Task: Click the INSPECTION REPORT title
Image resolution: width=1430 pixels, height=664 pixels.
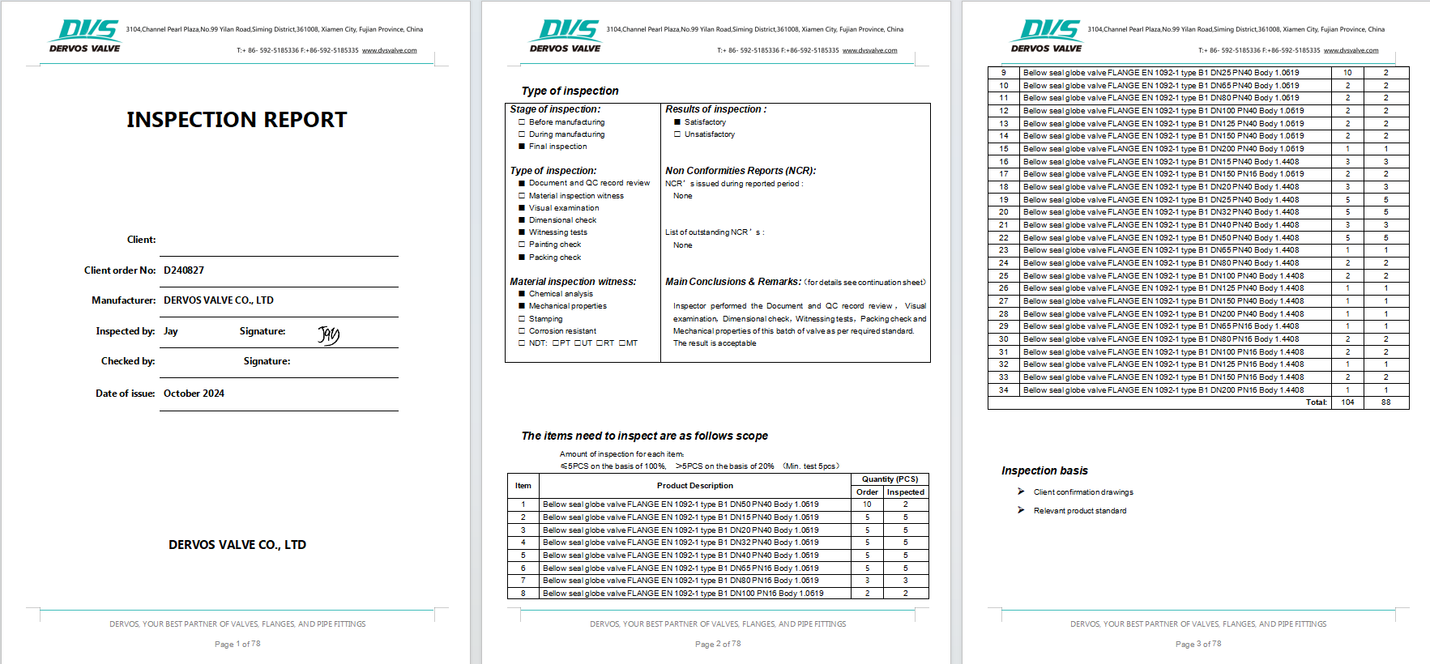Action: coord(237,120)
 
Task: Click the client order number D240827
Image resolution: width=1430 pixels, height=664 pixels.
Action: coord(184,270)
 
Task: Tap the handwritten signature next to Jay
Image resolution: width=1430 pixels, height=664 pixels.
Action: coord(329,334)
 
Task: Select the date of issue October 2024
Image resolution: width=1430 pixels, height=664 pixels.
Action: coord(194,394)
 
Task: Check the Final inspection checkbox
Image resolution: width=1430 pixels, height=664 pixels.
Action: coord(522,147)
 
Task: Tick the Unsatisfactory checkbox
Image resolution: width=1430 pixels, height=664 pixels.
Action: coord(677,134)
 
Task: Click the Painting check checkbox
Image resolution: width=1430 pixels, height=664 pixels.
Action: coord(522,245)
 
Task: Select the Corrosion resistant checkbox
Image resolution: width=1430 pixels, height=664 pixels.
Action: coord(522,331)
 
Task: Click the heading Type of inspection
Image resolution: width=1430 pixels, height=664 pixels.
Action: coord(570,91)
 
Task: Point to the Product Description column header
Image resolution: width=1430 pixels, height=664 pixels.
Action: coord(694,486)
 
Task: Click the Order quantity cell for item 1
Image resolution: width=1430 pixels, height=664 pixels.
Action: coord(867,504)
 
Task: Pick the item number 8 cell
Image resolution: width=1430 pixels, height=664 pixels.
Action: coord(523,594)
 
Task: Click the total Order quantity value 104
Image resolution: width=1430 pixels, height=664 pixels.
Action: coord(1347,402)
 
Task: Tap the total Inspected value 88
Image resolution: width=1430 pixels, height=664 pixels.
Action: coord(1385,402)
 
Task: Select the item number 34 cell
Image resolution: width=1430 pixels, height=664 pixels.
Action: coord(1003,390)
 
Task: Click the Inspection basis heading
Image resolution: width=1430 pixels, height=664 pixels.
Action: coord(1044,470)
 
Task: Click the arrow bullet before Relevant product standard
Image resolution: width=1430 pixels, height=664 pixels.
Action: coord(1021,510)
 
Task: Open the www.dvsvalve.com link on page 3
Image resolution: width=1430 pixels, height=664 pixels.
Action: coord(1351,50)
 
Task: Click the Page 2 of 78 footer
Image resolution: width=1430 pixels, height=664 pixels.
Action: coord(717,644)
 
